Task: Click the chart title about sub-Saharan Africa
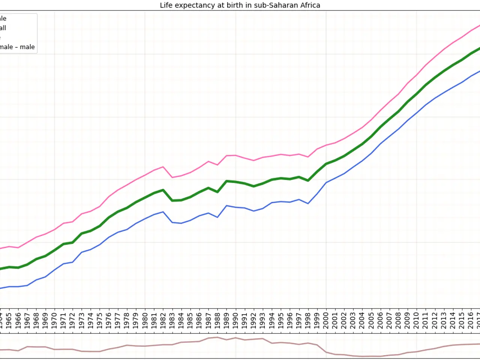(240, 5)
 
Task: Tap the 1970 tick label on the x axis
(54, 321)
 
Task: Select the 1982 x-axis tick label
(163, 321)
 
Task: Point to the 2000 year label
(326, 321)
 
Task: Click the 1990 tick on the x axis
(235, 321)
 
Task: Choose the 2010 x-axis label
(416, 321)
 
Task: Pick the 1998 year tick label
(308, 321)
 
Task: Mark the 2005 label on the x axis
(371, 321)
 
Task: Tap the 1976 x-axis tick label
(109, 321)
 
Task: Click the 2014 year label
(453, 321)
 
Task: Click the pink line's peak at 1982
(163, 166)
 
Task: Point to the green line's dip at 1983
(172, 201)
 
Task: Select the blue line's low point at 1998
(308, 204)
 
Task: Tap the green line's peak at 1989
(226, 181)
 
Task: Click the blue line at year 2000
(326, 183)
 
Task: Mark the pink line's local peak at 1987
(208, 161)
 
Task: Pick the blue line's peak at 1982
(163, 212)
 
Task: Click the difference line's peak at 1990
(235, 338)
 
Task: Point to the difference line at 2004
(362, 356)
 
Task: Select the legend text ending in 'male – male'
(17, 47)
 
